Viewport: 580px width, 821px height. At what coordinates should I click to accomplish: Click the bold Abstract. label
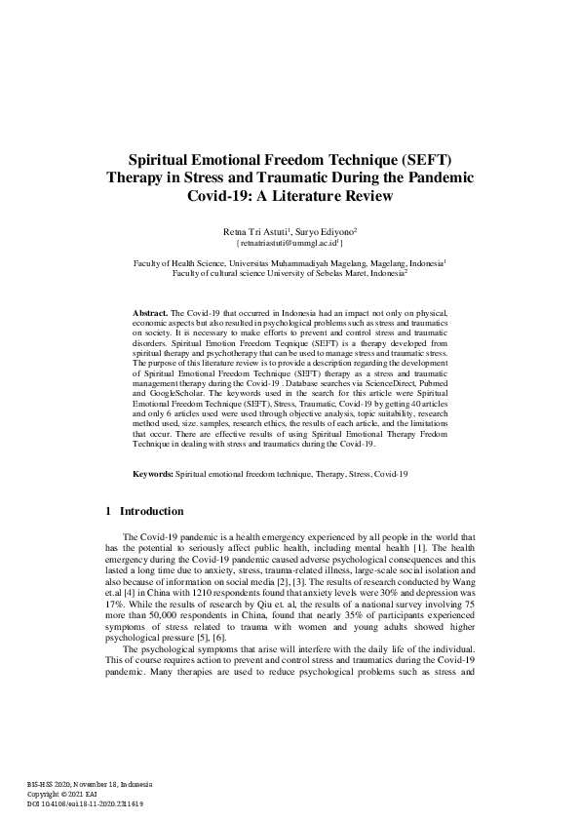point(151,312)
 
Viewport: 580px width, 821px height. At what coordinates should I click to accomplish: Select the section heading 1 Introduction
point(143,510)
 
